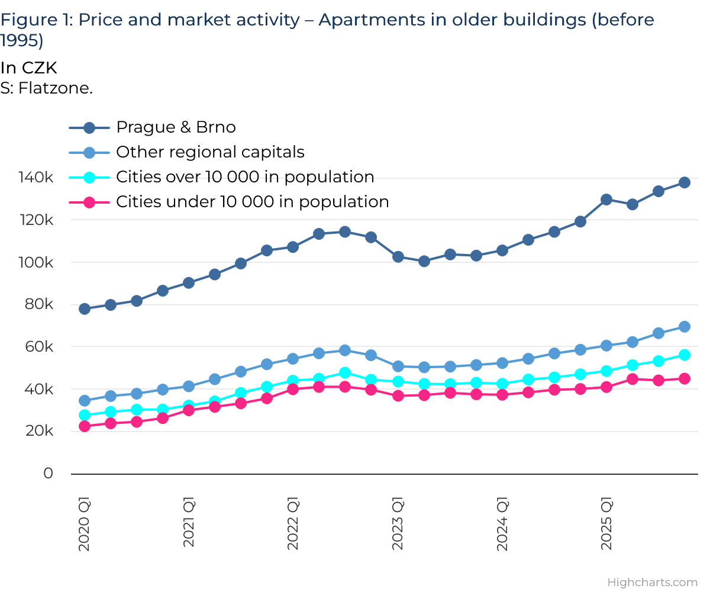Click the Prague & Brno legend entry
[176, 127]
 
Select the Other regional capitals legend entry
[210, 152]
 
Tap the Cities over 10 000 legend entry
[245, 177]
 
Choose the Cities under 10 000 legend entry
[252, 202]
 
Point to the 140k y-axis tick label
[36, 178]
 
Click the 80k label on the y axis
[39, 304]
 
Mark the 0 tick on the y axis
[48, 474]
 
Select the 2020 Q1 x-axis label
[85, 526]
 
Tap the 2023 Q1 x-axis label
[398, 526]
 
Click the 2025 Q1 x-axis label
[606, 526]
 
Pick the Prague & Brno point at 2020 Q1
[85, 308]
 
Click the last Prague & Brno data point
[685, 182]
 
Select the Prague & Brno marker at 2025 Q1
[606, 200]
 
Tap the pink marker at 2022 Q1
[293, 389]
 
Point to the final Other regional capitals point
[685, 327]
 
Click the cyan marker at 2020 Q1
[85, 415]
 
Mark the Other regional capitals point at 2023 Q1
[398, 366]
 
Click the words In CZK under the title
[28, 68]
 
